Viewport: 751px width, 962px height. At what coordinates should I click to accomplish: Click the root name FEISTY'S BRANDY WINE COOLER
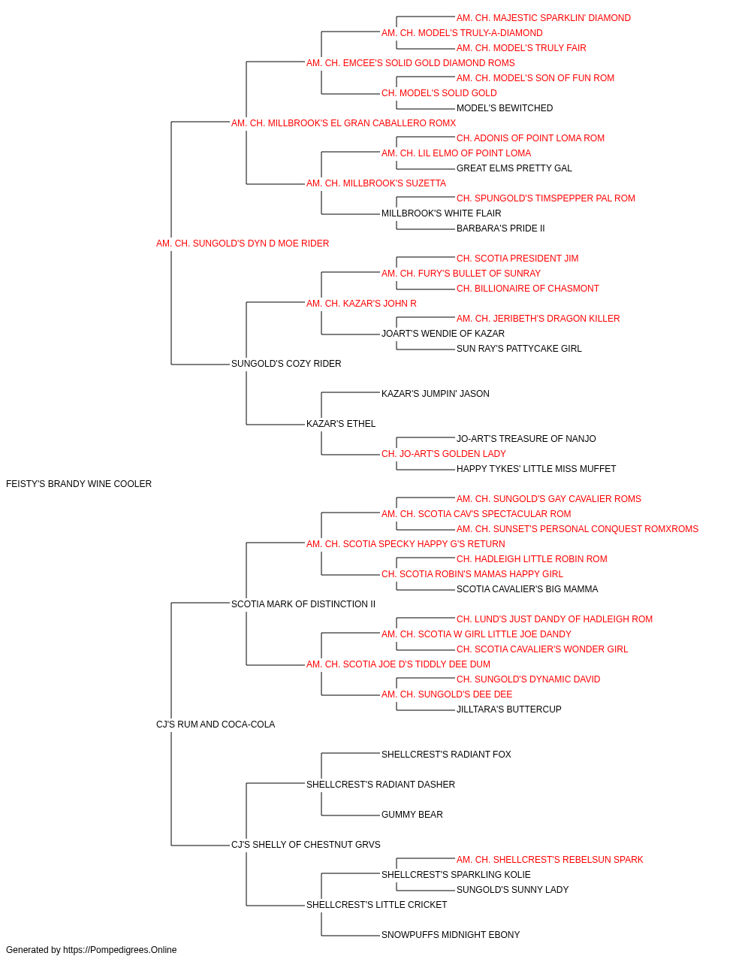click(x=79, y=484)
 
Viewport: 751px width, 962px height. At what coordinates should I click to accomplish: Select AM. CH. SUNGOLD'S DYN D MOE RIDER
click(x=243, y=244)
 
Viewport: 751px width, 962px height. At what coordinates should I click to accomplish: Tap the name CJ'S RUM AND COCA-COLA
click(x=216, y=725)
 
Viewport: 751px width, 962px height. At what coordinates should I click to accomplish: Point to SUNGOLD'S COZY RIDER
click(x=286, y=364)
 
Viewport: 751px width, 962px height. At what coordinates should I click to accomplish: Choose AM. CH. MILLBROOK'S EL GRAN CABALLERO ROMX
click(x=344, y=123)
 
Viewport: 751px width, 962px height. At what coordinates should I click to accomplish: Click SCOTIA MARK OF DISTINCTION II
click(x=303, y=604)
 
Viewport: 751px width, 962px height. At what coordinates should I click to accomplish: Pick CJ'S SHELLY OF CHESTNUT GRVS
click(x=306, y=845)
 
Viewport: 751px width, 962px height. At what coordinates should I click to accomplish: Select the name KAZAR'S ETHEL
click(x=341, y=424)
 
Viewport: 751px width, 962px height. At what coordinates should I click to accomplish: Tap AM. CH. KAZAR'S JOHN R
click(x=361, y=304)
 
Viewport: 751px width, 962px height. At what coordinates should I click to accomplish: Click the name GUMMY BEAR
click(x=412, y=815)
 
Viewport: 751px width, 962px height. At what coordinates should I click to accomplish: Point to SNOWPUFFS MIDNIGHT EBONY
click(x=451, y=934)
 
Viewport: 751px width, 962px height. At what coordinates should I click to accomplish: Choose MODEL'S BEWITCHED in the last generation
click(x=505, y=108)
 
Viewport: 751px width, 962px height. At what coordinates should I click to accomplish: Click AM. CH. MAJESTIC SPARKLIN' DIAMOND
click(x=544, y=18)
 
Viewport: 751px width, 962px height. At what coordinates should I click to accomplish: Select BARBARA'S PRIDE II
click(x=501, y=228)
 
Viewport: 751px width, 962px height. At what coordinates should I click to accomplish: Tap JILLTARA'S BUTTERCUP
click(x=509, y=709)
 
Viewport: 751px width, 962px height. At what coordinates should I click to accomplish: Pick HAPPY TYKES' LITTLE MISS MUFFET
click(x=536, y=469)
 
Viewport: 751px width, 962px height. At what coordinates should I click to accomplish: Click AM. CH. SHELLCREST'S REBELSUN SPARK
click(x=550, y=860)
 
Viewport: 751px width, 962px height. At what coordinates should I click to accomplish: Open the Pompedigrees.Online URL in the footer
click(x=120, y=950)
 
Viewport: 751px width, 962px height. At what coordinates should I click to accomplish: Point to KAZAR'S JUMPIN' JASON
click(x=436, y=394)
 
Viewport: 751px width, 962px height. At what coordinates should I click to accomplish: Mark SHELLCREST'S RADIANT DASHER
click(x=381, y=785)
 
